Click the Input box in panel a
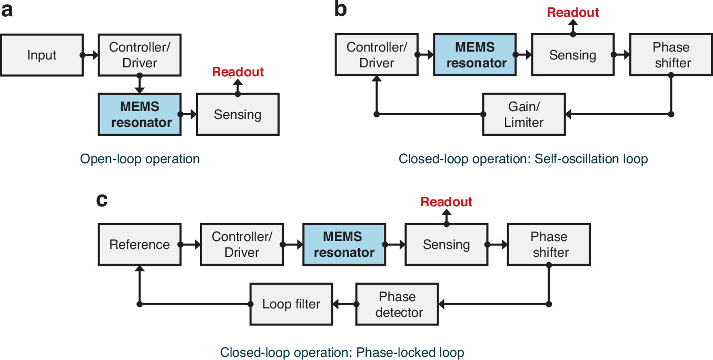pos(42,55)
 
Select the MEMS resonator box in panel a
pos(139,114)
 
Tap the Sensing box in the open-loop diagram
pos(237,114)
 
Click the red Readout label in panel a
pos(238,72)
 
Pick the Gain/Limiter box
pos(524,114)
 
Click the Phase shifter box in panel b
pos(671,55)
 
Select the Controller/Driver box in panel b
pos(377,55)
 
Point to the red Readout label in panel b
pos(573,13)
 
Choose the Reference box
pos(140,244)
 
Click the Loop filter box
pos(291,304)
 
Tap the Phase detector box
pos(398,304)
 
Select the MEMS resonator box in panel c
pos(344,244)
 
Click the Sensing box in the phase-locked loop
pos(446,244)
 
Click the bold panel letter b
pos(341,9)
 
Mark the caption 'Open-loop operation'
pos(140,158)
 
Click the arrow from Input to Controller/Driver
pos(90,55)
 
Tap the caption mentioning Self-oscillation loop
pos(523,158)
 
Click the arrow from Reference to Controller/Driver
pos(190,244)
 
